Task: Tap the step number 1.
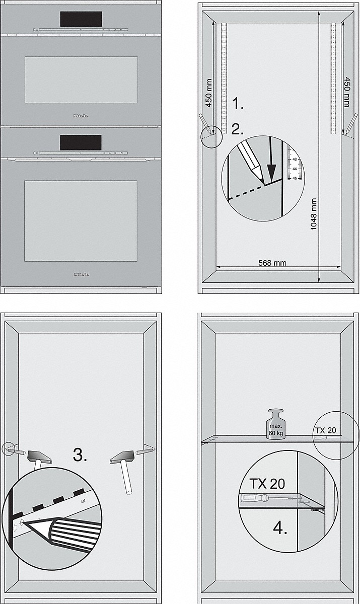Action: click(237, 104)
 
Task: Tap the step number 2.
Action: click(237, 129)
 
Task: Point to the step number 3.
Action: click(80, 456)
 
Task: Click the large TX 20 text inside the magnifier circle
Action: click(267, 484)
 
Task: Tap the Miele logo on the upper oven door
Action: click(81, 115)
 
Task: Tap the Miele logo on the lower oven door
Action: click(81, 275)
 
